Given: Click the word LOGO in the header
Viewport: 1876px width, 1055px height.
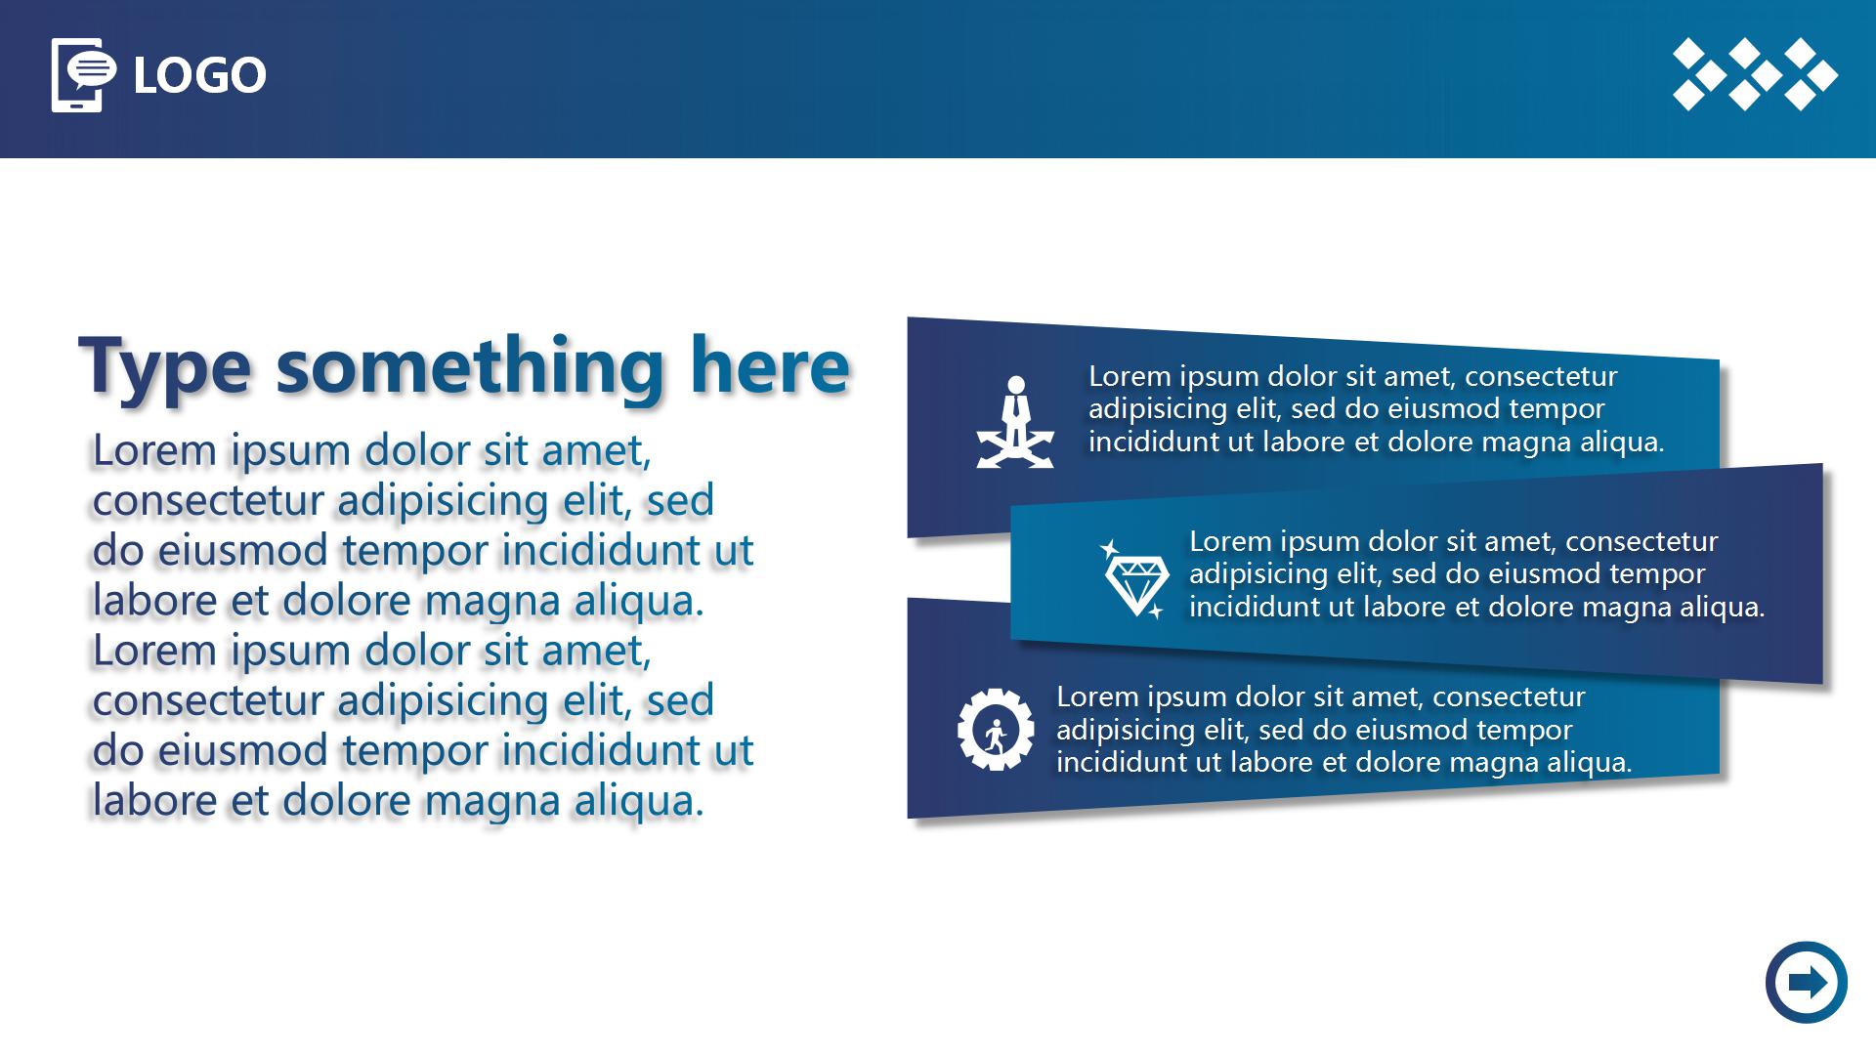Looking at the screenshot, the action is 199,75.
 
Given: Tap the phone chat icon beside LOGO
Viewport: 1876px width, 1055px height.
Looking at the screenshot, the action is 83,75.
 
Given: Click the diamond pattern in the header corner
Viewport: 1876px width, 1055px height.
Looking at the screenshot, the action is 1755,74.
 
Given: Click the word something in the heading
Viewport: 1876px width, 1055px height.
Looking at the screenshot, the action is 470,367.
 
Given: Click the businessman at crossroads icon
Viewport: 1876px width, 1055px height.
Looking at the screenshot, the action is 1016,422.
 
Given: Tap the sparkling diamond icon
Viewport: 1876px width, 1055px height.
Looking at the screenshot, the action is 1135,578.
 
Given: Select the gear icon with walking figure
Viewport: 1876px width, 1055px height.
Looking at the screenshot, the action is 996,729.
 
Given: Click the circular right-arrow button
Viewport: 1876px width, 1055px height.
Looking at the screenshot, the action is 1807,982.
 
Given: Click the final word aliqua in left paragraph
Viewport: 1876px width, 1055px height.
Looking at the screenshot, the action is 639,802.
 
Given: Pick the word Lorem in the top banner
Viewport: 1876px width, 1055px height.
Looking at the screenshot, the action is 1130,376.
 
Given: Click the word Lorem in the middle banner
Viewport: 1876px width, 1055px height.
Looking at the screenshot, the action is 1230,541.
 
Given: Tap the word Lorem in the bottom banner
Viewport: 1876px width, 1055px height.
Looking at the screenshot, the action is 1097,696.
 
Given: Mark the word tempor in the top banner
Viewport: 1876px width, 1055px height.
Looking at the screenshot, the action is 1556,410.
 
